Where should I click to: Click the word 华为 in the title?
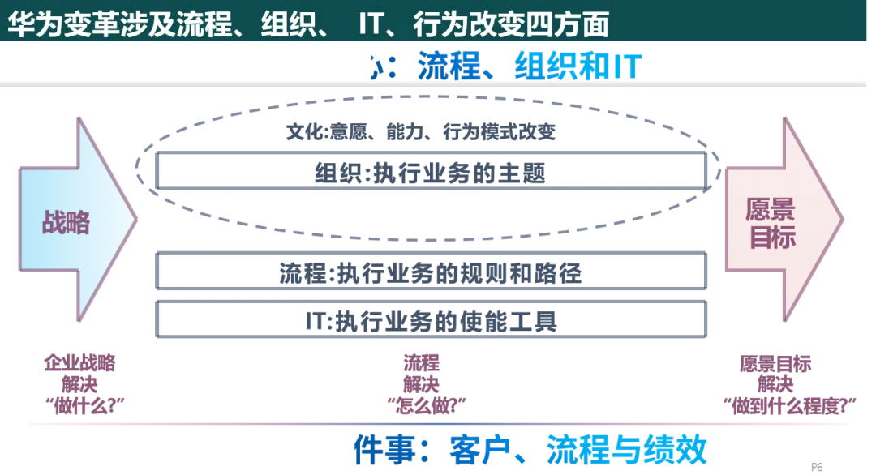(30, 24)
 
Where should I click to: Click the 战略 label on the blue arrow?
(66, 220)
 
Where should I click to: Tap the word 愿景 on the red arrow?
(771, 208)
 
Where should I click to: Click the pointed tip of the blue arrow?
(138, 217)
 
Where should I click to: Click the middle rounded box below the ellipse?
(431, 272)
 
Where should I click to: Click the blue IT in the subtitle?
(624, 67)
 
